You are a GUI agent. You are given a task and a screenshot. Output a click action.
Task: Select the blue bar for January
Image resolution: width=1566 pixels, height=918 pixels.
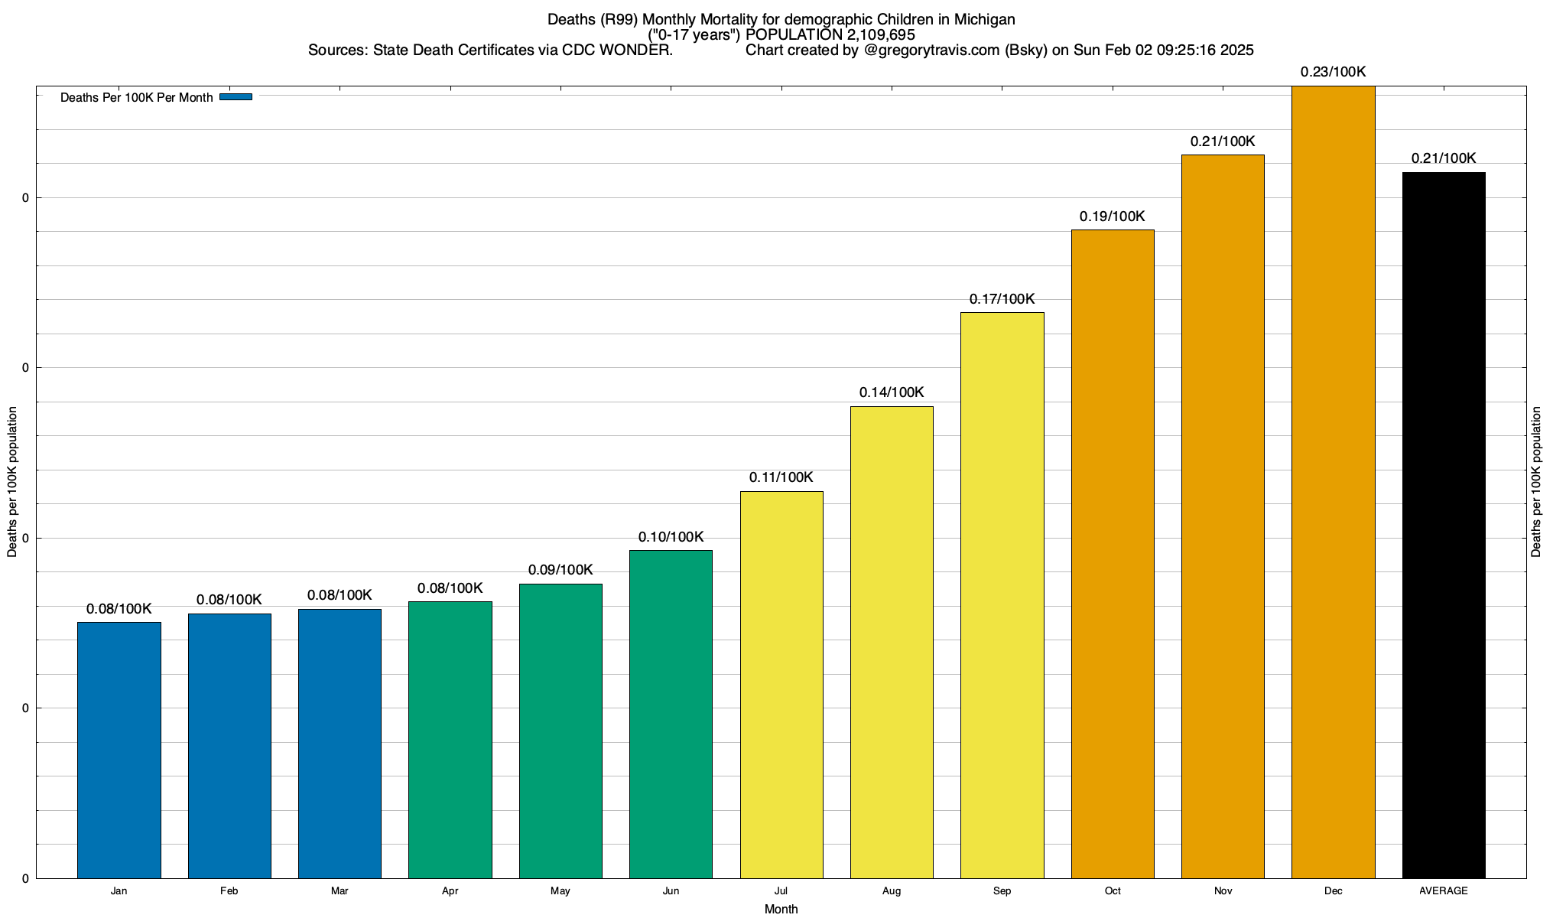(x=119, y=750)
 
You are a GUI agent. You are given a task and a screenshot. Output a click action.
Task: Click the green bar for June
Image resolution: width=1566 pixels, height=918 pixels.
(x=671, y=714)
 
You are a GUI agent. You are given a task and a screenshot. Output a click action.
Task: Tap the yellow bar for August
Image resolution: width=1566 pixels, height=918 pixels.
(x=892, y=642)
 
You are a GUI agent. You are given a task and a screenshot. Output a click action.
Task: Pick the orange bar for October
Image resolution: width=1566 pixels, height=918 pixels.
(x=1113, y=554)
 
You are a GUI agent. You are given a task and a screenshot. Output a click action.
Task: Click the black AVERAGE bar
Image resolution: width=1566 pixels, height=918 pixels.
(x=1444, y=525)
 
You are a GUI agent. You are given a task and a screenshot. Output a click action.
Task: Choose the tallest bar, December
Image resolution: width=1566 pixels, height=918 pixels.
(x=1334, y=482)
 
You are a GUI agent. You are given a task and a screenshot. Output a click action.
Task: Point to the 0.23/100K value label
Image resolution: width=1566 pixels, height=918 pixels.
(x=1334, y=72)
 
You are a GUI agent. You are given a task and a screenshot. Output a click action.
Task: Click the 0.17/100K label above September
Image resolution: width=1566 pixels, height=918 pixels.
(x=1002, y=299)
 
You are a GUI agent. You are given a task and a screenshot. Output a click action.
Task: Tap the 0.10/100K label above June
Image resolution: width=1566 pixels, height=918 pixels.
(x=671, y=537)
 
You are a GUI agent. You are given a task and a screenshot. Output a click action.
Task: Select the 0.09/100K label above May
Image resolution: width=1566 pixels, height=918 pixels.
(x=560, y=570)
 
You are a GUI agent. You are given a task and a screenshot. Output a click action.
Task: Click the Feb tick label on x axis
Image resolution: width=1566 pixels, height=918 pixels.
(x=229, y=890)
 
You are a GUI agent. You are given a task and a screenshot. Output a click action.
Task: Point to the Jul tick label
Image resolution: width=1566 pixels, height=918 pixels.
(x=781, y=890)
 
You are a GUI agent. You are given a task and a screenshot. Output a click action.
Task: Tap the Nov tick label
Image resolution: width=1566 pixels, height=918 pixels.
(x=1223, y=890)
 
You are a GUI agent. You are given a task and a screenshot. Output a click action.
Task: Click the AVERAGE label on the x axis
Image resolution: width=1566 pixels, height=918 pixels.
(x=1444, y=890)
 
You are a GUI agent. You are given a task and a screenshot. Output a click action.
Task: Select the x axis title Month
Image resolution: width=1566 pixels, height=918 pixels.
(x=781, y=909)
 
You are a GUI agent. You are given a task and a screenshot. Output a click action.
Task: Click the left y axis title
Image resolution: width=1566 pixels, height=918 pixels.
(x=12, y=482)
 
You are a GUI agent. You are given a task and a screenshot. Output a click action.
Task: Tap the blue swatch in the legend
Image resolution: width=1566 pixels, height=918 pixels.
(x=236, y=97)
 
